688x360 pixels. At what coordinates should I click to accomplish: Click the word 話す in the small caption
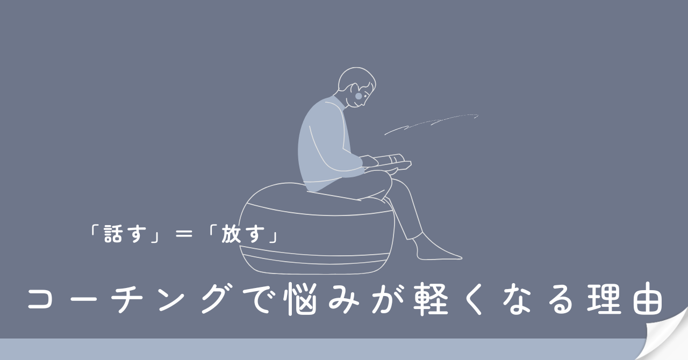point(124,234)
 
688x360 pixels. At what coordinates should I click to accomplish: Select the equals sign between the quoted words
point(184,235)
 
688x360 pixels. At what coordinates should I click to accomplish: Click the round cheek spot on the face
point(359,96)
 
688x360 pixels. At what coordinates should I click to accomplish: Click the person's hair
point(356,79)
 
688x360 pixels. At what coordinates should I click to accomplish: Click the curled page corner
point(666,336)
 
